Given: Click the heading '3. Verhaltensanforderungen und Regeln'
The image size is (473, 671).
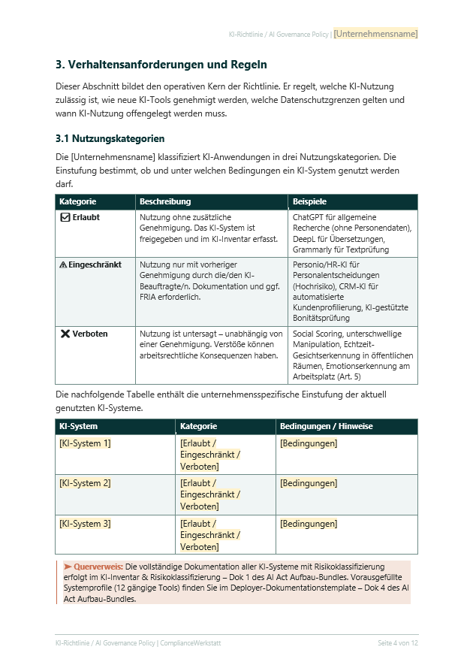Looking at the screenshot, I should tap(161, 65).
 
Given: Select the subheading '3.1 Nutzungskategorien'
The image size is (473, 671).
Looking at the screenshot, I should tap(110, 139).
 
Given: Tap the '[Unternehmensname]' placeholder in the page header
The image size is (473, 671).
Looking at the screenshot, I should tap(375, 34).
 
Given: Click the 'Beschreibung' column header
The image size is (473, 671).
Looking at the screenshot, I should tap(165, 201).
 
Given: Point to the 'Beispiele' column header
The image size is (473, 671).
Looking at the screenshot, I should tap(309, 201).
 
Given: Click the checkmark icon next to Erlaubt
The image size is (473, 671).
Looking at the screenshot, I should tap(65, 217).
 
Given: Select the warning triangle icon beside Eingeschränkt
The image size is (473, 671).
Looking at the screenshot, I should tap(63, 264).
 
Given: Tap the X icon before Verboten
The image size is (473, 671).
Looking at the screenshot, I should tap(65, 334).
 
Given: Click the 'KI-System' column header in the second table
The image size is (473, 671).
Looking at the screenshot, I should tap(78, 426).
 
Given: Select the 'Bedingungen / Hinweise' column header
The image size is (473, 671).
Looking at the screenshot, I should tap(326, 426).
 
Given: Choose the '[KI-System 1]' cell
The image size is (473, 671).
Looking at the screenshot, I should tap(85, 443).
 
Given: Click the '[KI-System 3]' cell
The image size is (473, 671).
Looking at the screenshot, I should tap(85, 524).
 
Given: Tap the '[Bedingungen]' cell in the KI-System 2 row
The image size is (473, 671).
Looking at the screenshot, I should tap(309, 483).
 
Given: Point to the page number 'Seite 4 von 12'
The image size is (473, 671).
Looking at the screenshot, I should tap(397, 643).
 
